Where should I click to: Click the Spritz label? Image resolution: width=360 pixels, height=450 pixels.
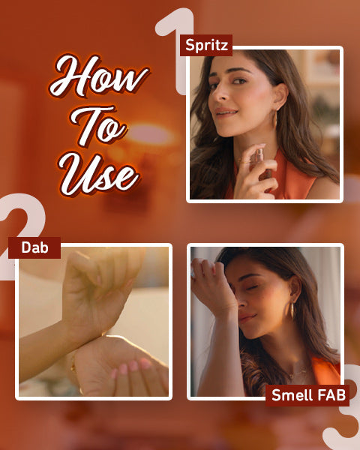click(x=206, y=45)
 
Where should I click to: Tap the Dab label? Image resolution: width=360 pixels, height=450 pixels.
click(x=34, y=247)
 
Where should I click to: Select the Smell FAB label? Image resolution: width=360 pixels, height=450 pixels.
click(x=307, y=395)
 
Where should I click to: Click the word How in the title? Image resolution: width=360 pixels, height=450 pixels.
click(x=99, y=76)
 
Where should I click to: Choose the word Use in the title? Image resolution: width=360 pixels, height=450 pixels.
click(x=99, y=175)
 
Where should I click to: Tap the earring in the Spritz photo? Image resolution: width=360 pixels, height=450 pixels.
click(x=274, y=119)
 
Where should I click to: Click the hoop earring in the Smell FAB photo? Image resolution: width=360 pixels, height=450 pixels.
click(x=292, y=310)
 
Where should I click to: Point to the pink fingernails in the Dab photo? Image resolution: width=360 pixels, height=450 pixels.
click(x=131, y=367)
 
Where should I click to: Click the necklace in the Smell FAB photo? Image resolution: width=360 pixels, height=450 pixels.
click(x=297, y=373)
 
